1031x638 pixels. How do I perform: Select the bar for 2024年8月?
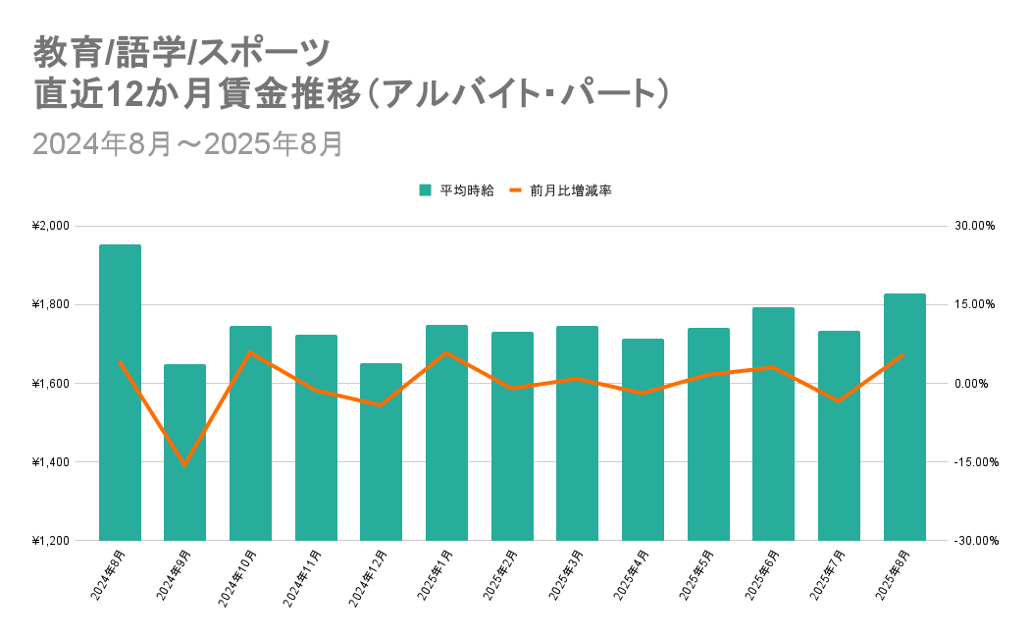pyautogui.click(x=120, y=393)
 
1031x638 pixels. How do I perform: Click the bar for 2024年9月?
pyautogui.click(x=184, y=452)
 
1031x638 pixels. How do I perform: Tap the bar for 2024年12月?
pyautogui.click(x=381, y=452)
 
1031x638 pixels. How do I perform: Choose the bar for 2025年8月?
pyautogui.click(x=904, y=417)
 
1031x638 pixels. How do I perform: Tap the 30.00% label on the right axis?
pyautogui.click(x=975, y=226)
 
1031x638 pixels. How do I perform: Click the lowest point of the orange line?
pyautogui.click(x=184, y=464)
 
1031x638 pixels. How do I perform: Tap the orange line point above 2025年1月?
pyautogui.click(x=446, y=352)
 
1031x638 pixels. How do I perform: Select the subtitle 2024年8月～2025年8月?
pyautogui.click(x=187, y=143)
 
